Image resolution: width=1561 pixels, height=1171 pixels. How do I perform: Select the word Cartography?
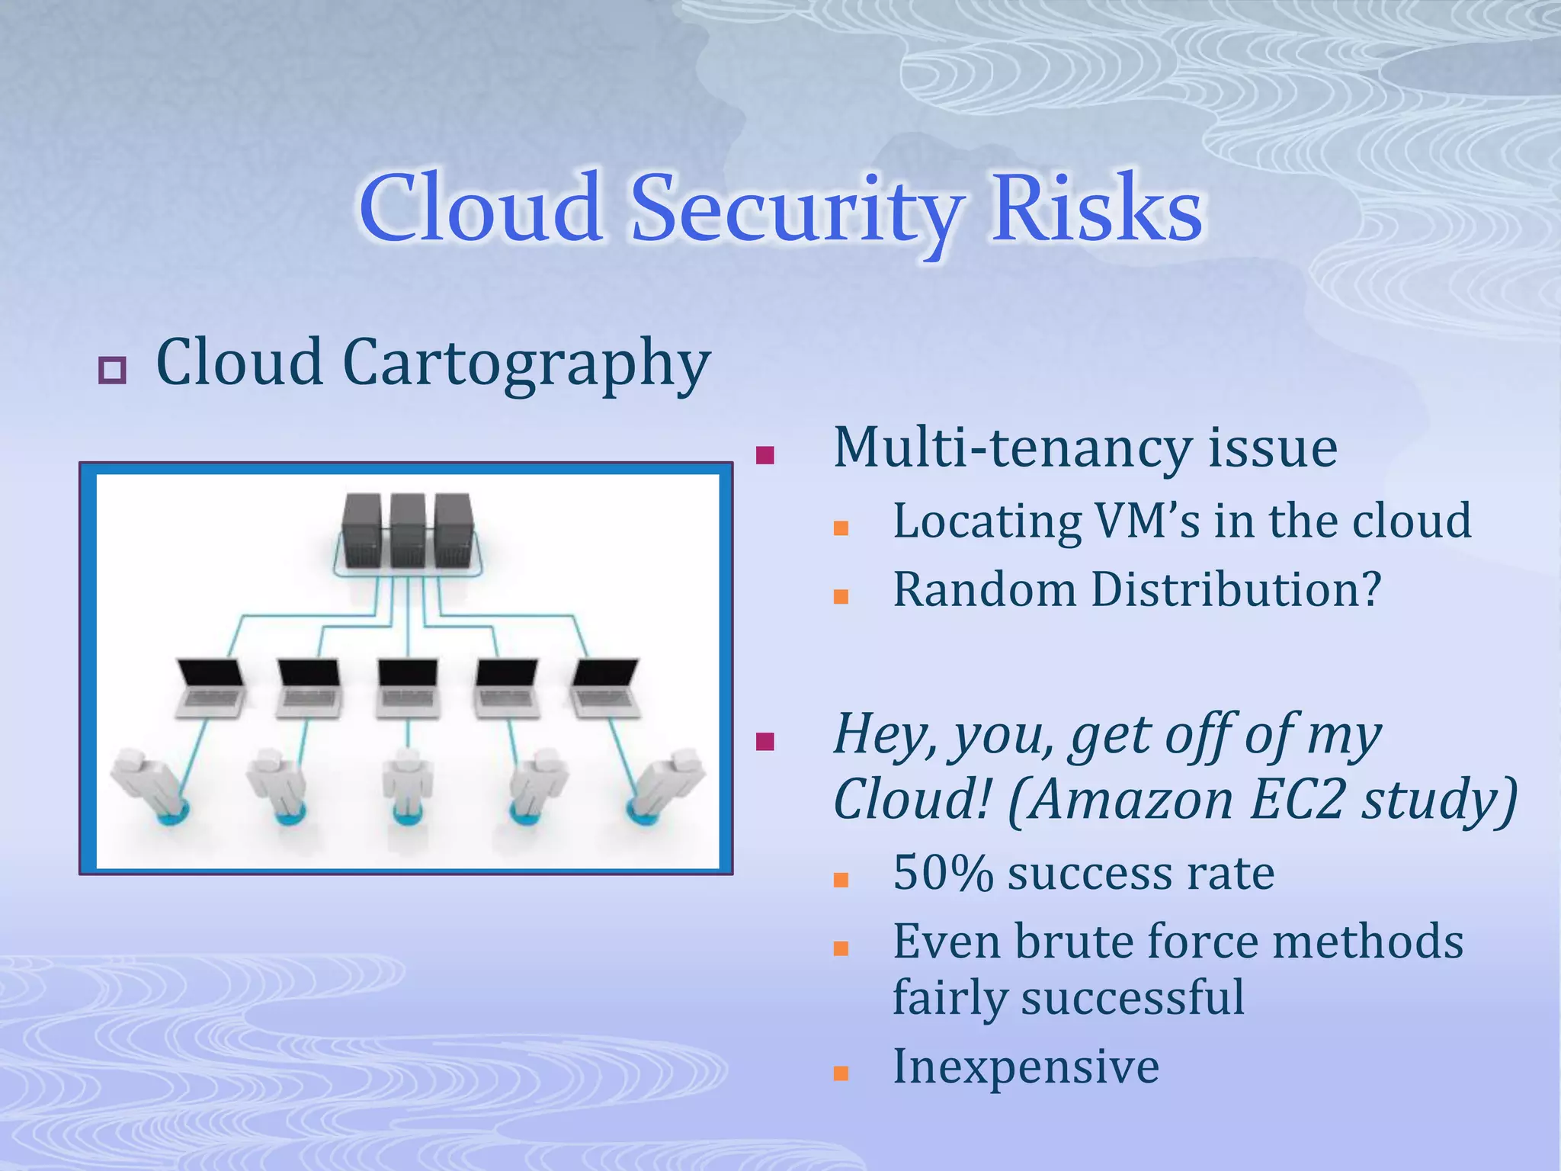pyautogui.click(x=526, y=364)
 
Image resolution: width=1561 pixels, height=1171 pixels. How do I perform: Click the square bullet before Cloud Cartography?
pyautogui.click(x=112, y=371)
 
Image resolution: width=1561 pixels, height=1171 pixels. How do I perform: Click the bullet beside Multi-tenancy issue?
pyautogui.click(x=765, y=456)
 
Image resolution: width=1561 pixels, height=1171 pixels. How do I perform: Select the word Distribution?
pyautogui.click(x=1236, y=590)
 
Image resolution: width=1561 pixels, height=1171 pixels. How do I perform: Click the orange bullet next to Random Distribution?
pyautogui.click(x=841, y=597)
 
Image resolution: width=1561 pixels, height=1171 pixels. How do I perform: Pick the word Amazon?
pyautogui.click(x=1131, y=800)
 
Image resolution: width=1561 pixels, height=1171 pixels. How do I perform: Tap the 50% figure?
pyautogui.click(x=943, y=874)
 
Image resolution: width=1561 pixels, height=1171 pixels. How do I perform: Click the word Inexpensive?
pyautogui.click(x=1026, y=1067)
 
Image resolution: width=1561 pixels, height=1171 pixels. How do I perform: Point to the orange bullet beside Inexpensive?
pyautogui.click(x=841, y=1073)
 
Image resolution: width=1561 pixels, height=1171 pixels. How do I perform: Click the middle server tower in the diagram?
pyautogui.click(x=408, y=531)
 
